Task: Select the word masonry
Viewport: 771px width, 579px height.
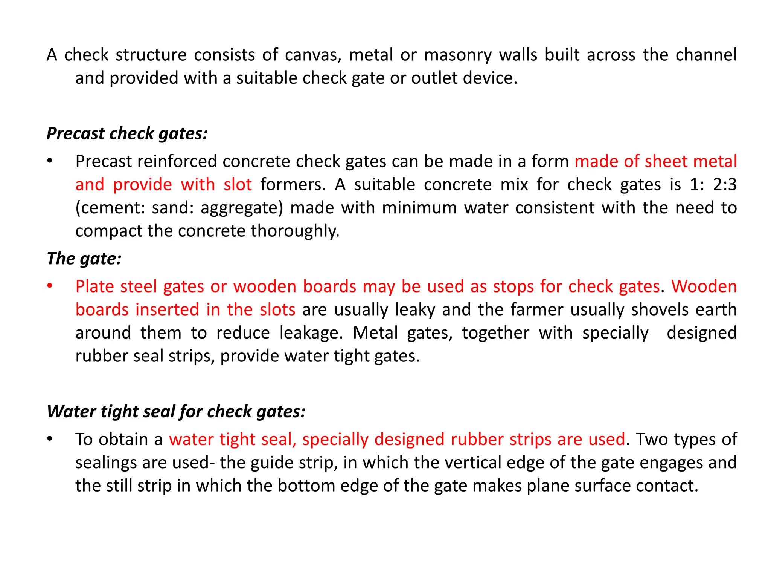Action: (x=458, y=55)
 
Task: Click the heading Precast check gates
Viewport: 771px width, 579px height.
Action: (x=127, y=133)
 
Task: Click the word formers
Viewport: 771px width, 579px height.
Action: (x=293, y=185)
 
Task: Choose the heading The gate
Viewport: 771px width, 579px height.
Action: (x=84, y=259)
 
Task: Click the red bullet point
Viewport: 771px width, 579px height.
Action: (x=50, y=286)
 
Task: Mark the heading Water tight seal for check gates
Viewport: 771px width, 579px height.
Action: (x=176, y=411)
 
